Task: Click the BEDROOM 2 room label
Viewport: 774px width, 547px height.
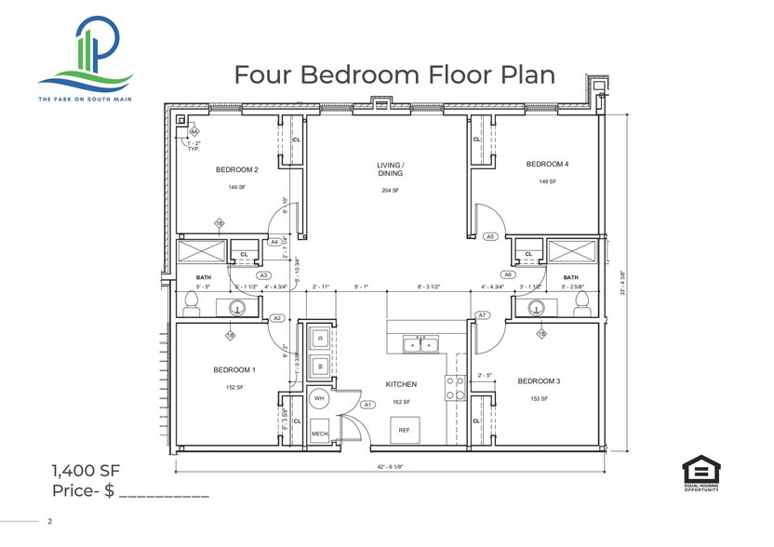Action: (x=236, y=169)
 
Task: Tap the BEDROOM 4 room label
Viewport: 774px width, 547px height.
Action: (x=547, y=165)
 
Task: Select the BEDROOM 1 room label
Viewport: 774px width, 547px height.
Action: (x=234, y=370)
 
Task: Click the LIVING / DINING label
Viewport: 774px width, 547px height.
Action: (x=390, y=169)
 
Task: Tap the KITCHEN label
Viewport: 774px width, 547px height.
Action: (x=401, y=384)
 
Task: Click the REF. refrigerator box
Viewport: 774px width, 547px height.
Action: (x=405, y=430)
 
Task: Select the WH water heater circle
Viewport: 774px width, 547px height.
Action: (x=319, y=398)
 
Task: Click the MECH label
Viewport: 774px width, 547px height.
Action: (x=319, y=434)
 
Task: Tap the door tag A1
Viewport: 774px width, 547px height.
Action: (x=367, y=405)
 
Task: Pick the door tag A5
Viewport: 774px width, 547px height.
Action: (x=490, y=237)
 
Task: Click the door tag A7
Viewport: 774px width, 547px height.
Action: (x=483, y=315)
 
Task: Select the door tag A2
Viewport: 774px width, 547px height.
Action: (x=276, y=318)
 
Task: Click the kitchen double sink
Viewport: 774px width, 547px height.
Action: (x=419, y=345)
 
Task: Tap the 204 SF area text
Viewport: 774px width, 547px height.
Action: (x=390, y=191)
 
